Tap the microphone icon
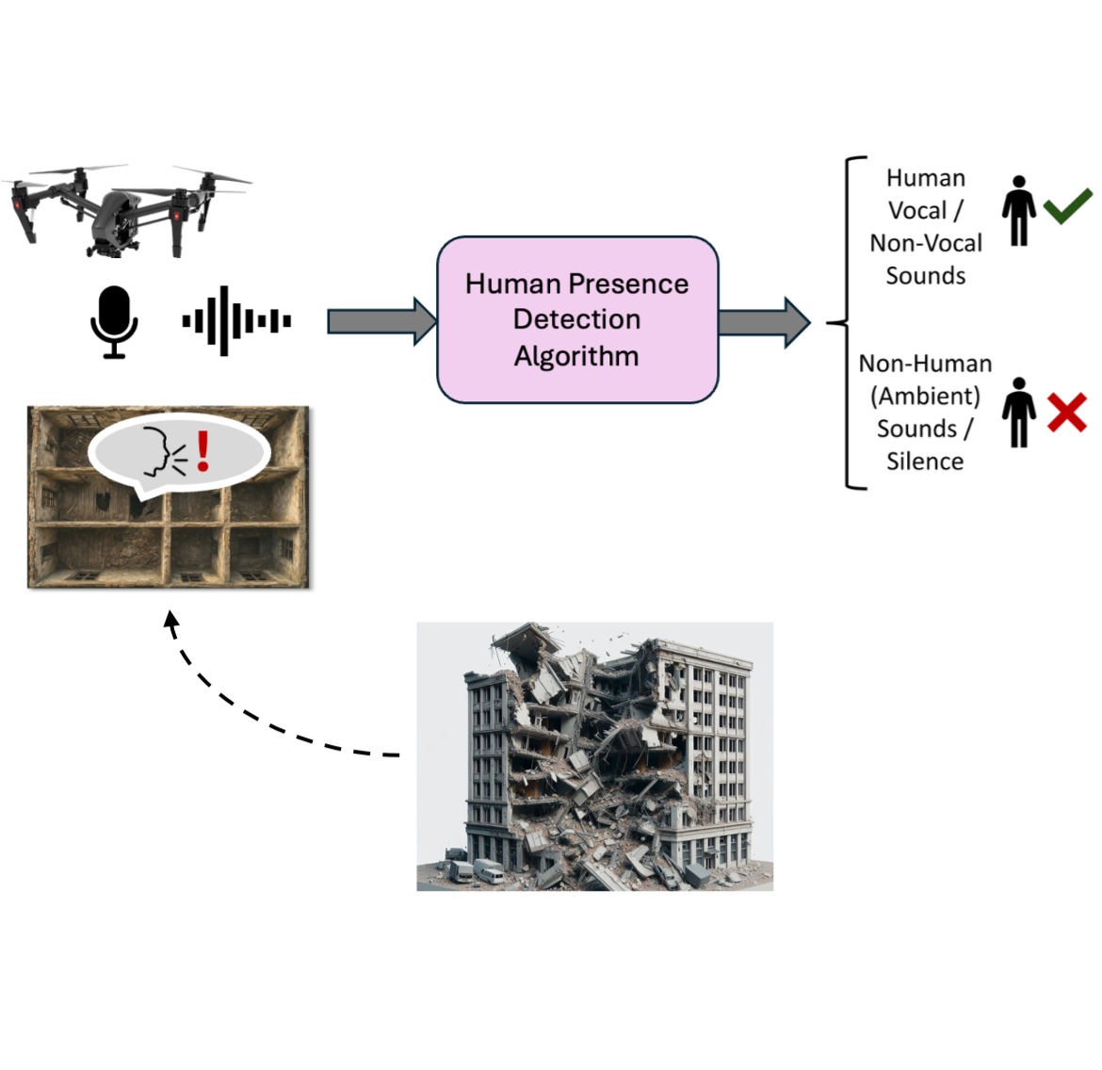click(114, 321)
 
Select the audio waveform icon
click(235, 321)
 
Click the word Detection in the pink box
click(576, 319)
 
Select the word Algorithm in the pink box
click(576, 356)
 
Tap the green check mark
click(1067, 205)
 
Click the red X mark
click(1066, 413)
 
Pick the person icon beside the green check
click(1018, 211)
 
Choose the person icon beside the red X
click(1018, 413)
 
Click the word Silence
click(925, 462)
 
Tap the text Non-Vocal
click(926, 243)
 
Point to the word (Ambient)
click(925, 397)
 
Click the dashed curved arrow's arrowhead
click(171, 620)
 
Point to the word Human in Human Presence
click(512, 284)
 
